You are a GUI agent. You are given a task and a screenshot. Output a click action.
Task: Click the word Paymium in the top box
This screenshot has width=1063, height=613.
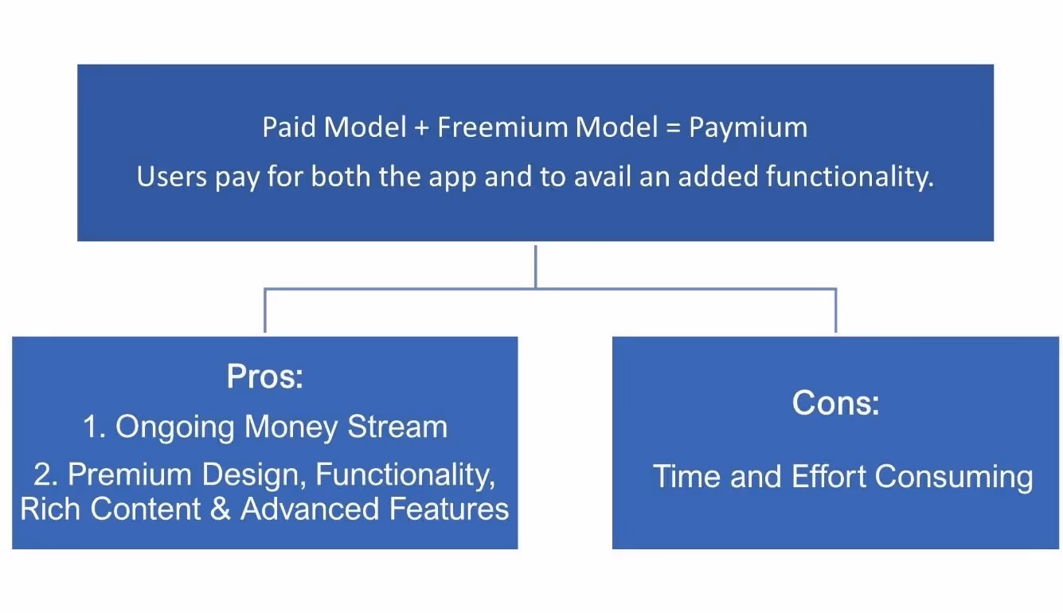(x=748, y=128)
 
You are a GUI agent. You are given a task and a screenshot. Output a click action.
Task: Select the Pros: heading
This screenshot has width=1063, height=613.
(x=265, y=377)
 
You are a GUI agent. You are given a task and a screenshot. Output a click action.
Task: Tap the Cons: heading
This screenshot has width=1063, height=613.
(x=835, y=404)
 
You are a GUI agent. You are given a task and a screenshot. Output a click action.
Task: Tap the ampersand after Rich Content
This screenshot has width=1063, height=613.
(x=221, y=509)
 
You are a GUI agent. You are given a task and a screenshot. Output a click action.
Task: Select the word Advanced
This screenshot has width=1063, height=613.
(x=307, y=509)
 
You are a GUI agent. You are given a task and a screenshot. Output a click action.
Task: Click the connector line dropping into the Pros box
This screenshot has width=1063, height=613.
(x=264, y=312)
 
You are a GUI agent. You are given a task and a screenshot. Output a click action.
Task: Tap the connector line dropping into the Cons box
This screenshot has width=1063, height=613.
(x=835, y=312)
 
